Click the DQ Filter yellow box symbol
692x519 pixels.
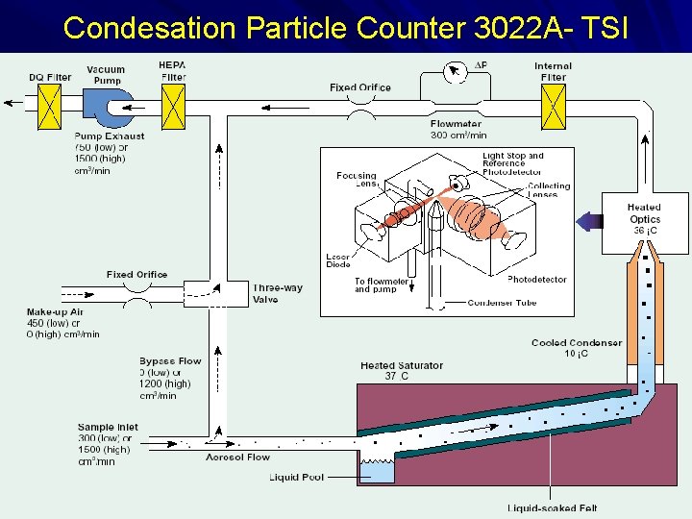[x=49, y=107]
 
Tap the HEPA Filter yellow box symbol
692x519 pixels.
[x=173, y=106]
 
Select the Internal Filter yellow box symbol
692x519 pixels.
[x=554, y=106]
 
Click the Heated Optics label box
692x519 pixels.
[x=644, y=219]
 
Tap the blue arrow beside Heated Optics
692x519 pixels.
[x=588, y=221]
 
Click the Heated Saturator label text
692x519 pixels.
[x=402, y=365]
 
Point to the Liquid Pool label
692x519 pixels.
[x=297, y=477]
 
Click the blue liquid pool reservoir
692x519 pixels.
[x=377, y=469]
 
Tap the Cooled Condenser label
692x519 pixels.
[x=577, y=343]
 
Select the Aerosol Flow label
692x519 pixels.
[x=238, y=457]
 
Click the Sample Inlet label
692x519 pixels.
[x=108, y=427]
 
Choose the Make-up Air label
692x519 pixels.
[x=56, y=312]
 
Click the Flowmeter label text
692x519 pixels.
[x=457, y=124]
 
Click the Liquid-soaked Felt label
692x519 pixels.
[x=553, y=508]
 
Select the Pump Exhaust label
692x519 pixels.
[x=110, y=136]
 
